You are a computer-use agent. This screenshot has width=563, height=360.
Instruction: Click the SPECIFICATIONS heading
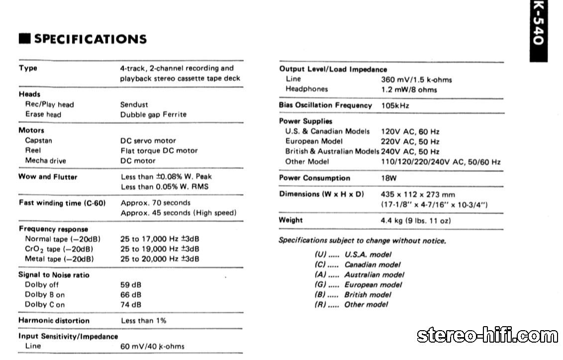[90, 39]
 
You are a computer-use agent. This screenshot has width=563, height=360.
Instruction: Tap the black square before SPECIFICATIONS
[24, 39]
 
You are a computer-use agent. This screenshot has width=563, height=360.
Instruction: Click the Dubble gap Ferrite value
[153, 114]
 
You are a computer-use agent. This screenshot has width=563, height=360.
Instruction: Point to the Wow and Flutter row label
[48, 177]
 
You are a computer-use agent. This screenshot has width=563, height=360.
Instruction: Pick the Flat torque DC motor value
[159, 151]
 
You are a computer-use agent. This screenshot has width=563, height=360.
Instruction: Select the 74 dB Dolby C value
[131, 305]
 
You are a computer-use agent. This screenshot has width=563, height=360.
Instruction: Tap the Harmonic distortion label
[54, 321]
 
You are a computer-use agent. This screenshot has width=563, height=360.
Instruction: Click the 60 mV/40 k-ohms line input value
[152, 346]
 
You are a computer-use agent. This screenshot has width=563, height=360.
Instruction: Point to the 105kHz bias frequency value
[395, 105]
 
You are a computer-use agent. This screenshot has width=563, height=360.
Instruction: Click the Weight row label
[290, 220]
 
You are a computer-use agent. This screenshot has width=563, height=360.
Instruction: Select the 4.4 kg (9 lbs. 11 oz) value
[415, 220]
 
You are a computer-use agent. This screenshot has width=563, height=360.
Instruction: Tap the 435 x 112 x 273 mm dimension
[417, 194]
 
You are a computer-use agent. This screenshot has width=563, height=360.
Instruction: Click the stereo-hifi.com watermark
[487, 336]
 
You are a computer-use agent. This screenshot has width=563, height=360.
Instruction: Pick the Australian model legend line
[359, 274]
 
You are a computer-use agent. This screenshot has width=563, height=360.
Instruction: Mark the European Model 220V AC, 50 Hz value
[410, 142]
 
